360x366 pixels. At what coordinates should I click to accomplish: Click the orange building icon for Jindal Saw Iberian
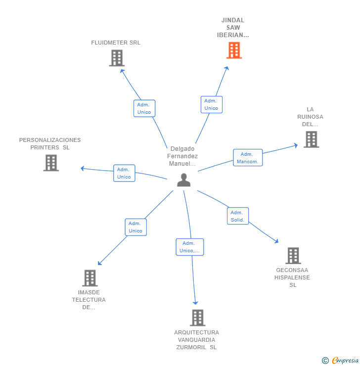(x=234, y=50)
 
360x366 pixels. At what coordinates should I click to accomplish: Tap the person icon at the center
(x=183, y=180)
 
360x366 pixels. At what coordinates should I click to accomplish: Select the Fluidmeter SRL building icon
(x=117, y=58)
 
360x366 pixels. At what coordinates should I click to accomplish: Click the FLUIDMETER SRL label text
(x=116, y=43)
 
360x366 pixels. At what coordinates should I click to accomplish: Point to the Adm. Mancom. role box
(x=248, y=158)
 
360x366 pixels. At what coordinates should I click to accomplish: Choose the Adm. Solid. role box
(x=238, y=216)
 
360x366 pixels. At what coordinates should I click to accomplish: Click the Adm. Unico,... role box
(x=190, y=247)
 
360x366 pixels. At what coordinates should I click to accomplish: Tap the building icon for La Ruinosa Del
(x=311, y=139)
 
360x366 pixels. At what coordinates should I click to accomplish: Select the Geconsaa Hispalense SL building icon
(x=293, y=256)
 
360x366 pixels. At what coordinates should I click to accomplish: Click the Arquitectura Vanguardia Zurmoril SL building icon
(x=198, y=318)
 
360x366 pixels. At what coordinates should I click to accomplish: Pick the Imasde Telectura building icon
(x=90, y=278)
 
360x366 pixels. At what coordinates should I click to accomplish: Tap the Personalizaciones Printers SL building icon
(x=51, y=163)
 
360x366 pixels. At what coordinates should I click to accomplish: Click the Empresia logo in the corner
(x=340, y=360)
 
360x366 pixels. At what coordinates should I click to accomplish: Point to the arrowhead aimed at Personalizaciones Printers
(x=83, y=168)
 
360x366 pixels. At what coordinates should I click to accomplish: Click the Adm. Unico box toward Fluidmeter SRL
(x=144, y=108)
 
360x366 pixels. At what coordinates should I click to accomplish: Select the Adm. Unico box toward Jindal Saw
(x=212, y=104)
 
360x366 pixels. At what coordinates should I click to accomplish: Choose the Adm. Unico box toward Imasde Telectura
(x=136, y=227)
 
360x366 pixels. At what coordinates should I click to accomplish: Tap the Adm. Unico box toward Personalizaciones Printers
(x=124, y=173)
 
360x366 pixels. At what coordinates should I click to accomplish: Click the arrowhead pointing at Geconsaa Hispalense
(x=277, y=241)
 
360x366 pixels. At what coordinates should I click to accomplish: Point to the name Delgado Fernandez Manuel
(x=182, y=156)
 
